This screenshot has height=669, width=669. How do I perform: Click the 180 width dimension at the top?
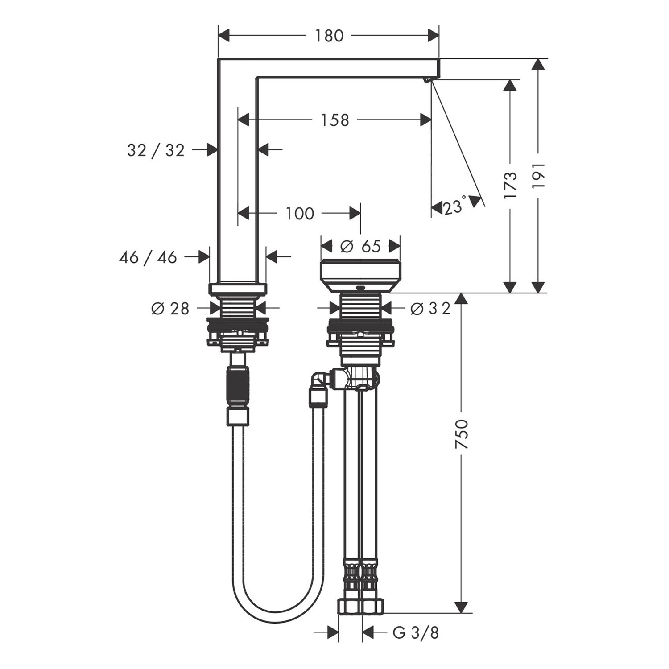330,36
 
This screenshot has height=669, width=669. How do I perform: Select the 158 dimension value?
335,120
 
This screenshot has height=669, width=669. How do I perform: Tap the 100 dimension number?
300,214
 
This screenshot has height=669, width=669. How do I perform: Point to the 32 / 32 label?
156,150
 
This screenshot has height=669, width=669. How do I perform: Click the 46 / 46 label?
148,257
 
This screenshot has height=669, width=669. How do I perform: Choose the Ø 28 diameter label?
170,308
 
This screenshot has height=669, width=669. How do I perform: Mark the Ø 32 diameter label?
430,308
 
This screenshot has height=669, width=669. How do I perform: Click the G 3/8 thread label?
416,632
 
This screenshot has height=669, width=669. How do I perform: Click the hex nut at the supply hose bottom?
361,605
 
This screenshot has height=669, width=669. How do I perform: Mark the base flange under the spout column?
238,289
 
